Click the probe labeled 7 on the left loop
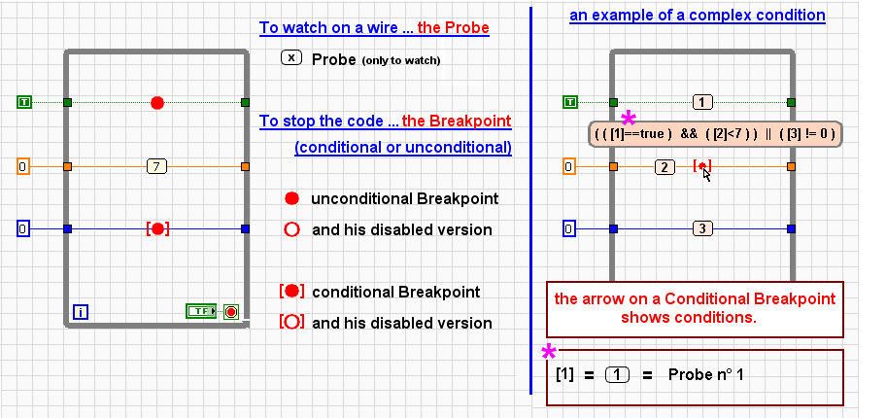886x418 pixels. [157, 166]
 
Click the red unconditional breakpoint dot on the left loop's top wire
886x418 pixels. [157, 102]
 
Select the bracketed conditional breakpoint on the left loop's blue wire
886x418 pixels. [157, 229]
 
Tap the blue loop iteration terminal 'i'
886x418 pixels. [81, 312]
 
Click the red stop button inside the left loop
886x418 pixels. [230, 311]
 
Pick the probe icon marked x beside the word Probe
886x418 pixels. [291, 57]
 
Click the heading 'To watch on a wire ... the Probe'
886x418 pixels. [374, 29]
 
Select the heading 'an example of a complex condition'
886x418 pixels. [698, 16]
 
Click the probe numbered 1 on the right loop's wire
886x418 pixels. [703, 102]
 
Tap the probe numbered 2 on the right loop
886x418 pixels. [664, 166]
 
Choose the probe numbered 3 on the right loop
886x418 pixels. [703, 229]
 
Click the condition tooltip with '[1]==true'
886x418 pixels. [714, 134]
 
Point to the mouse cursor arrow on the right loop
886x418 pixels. [707, 173]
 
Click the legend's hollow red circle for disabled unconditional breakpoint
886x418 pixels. [290, 230]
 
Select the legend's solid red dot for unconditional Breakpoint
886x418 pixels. [290, 198]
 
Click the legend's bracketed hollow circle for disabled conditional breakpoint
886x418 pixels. [290, 322]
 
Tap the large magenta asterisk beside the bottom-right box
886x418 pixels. [549, 354]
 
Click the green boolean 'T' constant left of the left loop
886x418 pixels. [25, 102]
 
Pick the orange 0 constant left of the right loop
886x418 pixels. [569, 166]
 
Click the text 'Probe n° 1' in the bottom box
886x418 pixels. [706, 374]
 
